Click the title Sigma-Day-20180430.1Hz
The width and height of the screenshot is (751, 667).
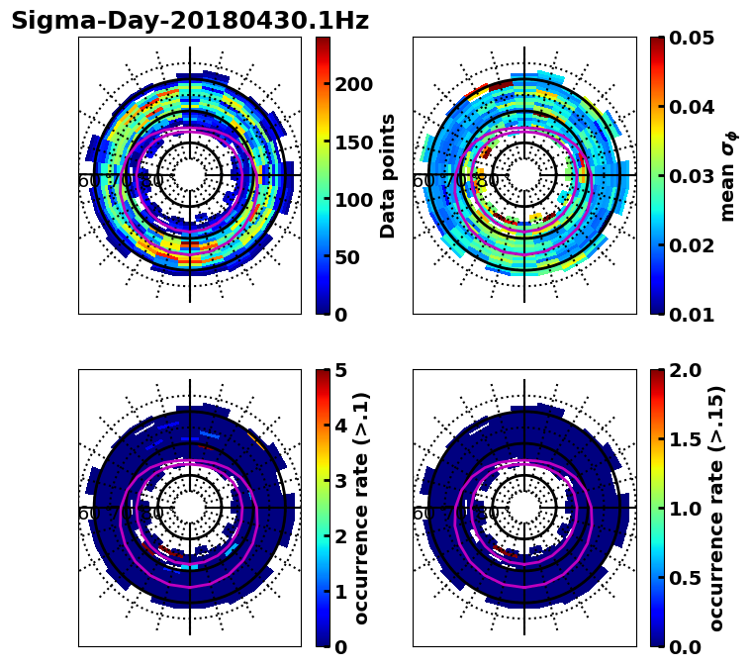coord(190,21)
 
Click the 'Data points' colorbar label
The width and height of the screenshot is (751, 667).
coord(388,175)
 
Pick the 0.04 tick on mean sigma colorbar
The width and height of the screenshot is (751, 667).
coord(693,107)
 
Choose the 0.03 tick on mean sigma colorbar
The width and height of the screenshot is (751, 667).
coord(693,176)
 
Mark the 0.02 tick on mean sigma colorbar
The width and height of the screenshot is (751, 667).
coord(693,245)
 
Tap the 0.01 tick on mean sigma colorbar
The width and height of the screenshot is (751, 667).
coord(693,315)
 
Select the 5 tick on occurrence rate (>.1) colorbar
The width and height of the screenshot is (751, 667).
coord(340,370)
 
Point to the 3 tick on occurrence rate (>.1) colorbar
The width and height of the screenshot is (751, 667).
coord(340,481)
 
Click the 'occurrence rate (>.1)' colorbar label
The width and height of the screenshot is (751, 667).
coord(362,508)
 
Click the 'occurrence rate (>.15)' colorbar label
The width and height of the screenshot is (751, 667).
coord(717,508)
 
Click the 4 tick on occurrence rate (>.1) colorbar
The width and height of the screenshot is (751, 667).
coord(340,426)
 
